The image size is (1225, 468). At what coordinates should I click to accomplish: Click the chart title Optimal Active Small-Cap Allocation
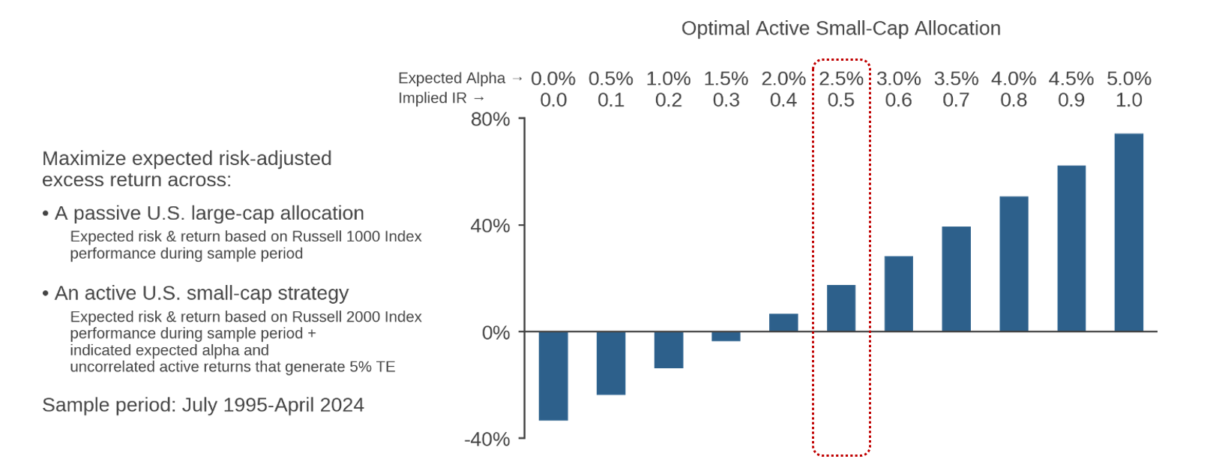pyautogui.click(x=840, y=28)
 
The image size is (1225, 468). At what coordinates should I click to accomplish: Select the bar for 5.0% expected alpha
pyautogui.click(x=1129, y=232)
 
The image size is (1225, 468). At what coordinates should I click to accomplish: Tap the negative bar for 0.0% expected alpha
pyautogui.click(x=553, y=376)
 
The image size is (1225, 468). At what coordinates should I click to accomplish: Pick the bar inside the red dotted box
pyautogui.click(x=841, y=308)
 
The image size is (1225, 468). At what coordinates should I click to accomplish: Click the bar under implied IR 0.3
pyautogui.click(x=726, y=337)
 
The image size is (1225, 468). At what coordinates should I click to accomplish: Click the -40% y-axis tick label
pyautogui.click(x=487, y=439)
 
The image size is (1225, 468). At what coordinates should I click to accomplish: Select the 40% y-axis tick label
pyautogui.click(x=490, y=226)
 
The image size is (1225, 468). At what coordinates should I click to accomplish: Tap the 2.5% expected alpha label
pyautogui.click(x=841, y=79)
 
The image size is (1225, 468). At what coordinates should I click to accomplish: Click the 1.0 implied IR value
pyautogui.click(x=1129, y=100)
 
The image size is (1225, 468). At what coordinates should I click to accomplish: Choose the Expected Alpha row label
pyautogui.click(x=452, y=78)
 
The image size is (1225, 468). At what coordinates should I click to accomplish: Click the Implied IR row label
pyautogui.click(x=433, y=98)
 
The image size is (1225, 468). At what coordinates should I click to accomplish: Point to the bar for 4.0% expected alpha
pyautogui.click(x=1014, y=264)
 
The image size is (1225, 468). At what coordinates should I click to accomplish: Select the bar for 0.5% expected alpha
pyautogui.click(x=611, y=363)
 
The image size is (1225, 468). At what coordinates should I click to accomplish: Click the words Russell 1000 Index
pyautogui.click(x=357, y=236)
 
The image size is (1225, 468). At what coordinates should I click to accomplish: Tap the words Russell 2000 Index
pyautogui.click(x=357, y=317)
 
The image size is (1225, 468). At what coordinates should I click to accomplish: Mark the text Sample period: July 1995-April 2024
pyautogui.click(x=203, y=405)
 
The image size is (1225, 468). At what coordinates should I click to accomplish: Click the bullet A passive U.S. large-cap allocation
pyautogui.click(x=203, y=214)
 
